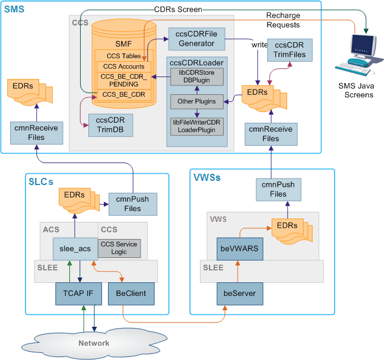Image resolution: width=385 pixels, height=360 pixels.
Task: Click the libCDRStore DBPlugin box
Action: point(196,77)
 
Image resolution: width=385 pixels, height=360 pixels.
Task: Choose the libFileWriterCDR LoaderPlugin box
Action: point(196,126)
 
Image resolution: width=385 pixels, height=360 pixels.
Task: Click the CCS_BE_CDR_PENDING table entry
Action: point(123,79)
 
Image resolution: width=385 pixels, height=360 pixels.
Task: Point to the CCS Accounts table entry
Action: point(123,66)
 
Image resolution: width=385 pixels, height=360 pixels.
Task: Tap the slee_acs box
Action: point(75,249)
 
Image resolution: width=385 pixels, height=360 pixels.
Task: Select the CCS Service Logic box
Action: point(119,249)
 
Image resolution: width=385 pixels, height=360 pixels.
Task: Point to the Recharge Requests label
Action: point(283,21)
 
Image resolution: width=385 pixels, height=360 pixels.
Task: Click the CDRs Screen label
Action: point(178,9)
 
